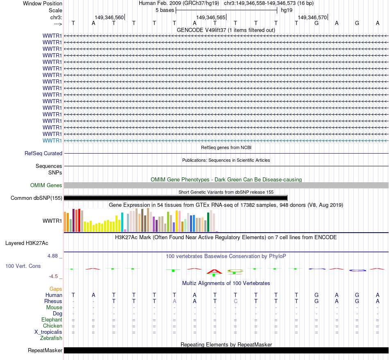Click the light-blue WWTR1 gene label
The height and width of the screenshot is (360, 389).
(x=52, y=140)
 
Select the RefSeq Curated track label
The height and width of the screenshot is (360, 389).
(x=43, y=154)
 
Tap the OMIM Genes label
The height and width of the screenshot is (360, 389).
(x=46, y=186)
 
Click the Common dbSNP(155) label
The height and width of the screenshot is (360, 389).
(x=36, y=198)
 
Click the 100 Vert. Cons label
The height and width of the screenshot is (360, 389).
(x=23, y=266)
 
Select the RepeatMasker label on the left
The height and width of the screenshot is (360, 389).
(x=45, y=351)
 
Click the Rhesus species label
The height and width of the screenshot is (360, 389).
(x=53, y=301)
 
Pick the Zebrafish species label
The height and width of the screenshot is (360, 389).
(x=51, y=338)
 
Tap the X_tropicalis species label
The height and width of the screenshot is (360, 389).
(x=48, y=332)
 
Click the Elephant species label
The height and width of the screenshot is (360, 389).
(x=52, y=320)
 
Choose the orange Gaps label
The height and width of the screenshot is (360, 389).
(x=56, y=289)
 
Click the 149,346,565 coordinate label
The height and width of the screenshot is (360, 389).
(x=210, y=18)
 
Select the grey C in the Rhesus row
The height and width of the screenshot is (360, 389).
(x=235, y=301)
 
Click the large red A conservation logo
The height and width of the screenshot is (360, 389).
(x=215, y=271)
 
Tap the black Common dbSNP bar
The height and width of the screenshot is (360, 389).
(x=176, y=198)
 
